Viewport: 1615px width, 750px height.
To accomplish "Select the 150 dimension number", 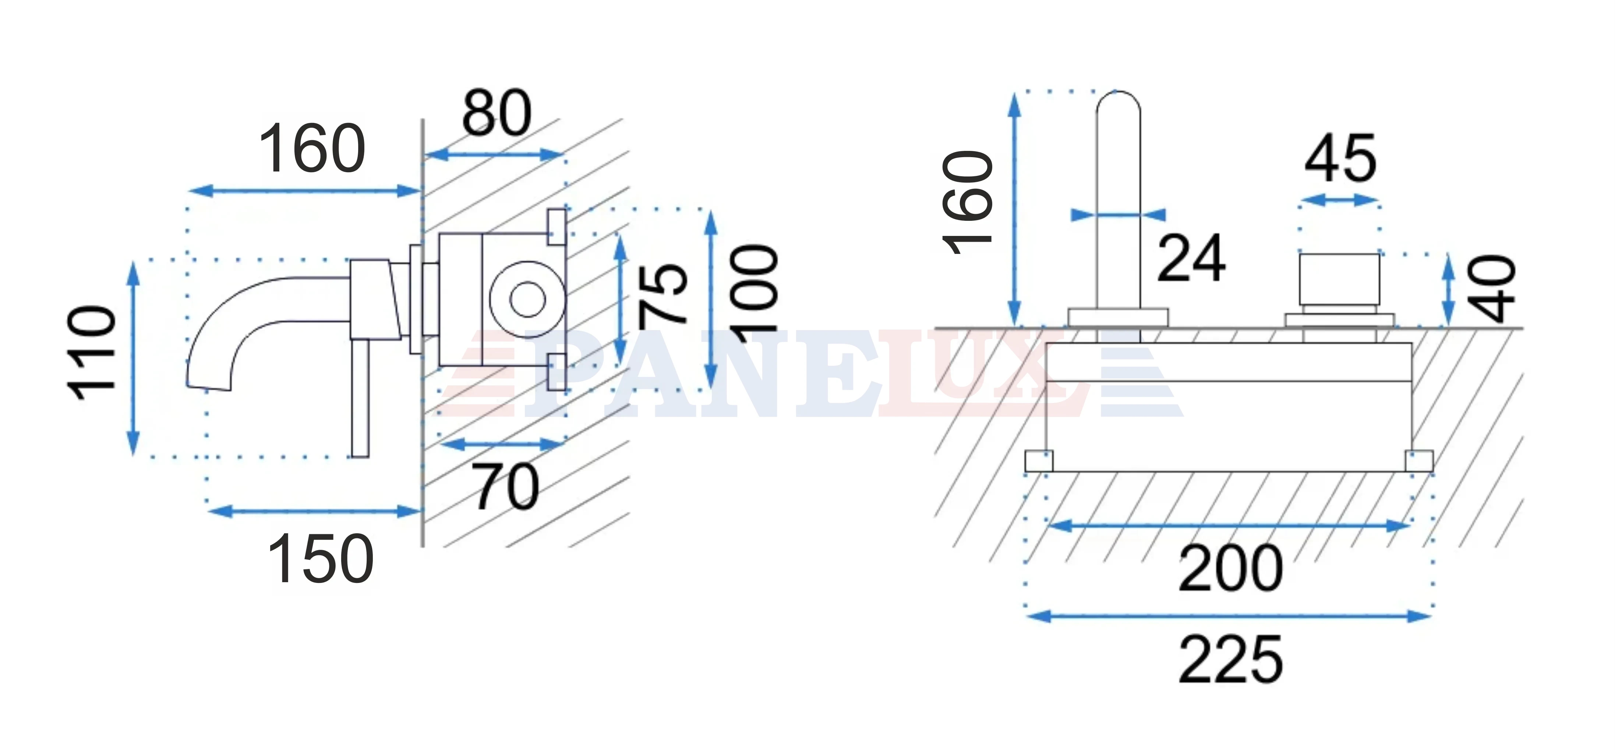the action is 320,558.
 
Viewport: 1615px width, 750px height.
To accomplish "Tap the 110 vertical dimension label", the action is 92,353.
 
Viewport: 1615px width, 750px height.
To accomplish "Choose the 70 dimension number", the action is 506,487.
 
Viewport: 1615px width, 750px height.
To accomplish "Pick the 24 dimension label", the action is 1191,258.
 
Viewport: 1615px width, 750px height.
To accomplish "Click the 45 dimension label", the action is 1340,159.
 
